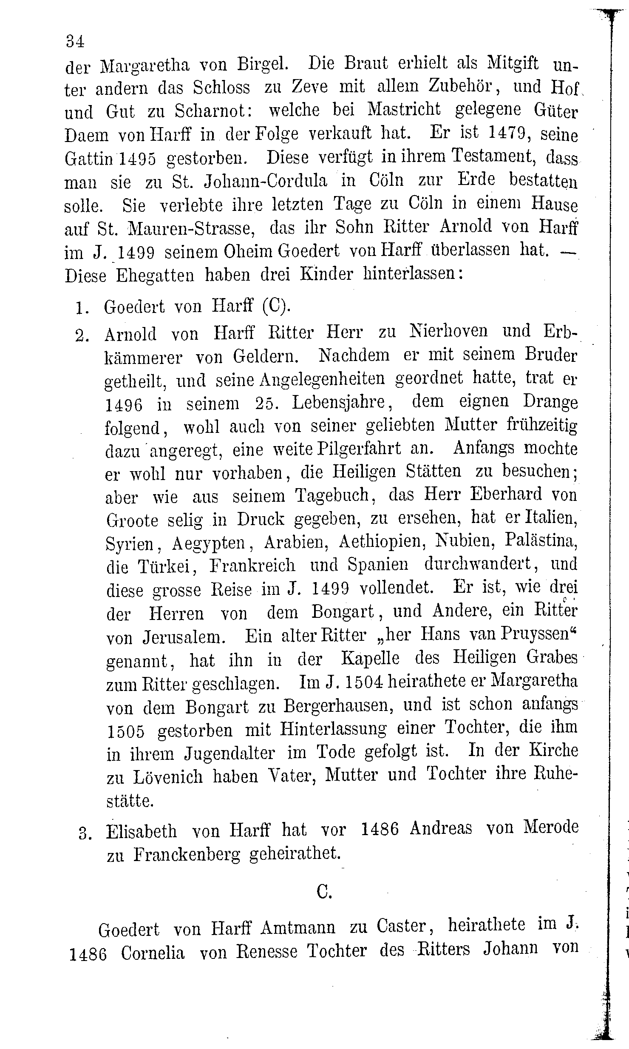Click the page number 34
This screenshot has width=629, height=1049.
(75, 41)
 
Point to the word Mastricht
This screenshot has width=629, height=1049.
(404, 110)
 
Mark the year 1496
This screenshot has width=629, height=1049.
(124, 404)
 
